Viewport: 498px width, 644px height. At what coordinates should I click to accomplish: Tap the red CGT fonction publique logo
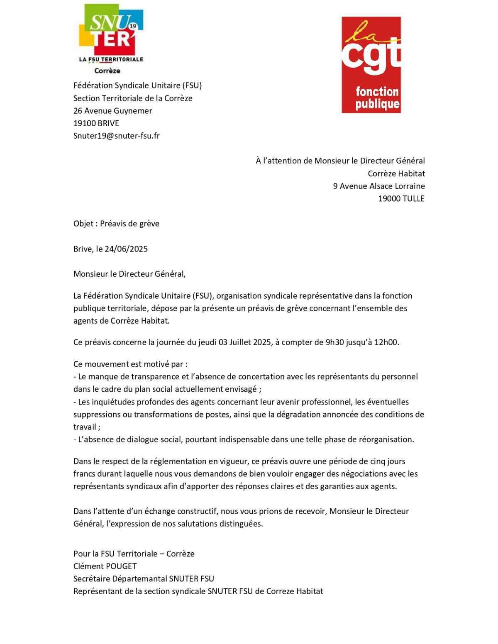pyautogui.click(x=371, y=65)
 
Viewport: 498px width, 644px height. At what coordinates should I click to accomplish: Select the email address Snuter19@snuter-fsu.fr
pyautogui.click(x=116, y=136)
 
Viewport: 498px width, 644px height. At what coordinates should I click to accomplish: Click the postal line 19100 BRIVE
pyautogui.click(x=96, y=123)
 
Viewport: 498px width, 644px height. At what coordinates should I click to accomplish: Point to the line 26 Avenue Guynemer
pyautogui.click(x=112, y=111)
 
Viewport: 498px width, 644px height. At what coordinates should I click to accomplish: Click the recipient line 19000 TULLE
pyautogui.click(x=401, y=199)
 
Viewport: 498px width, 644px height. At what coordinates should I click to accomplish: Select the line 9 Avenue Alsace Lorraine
pyautogui.click(x=378, y=186)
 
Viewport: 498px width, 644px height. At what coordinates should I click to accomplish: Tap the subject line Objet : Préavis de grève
pyautogui.click(x=116, y=224)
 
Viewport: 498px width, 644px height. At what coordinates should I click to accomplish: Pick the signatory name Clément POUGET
pyautogui.click(x=105, y=566)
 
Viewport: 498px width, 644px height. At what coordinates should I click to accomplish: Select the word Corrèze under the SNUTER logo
pyautogui.click(x=107, y=71)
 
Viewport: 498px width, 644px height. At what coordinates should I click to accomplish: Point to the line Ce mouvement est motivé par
pyautogui.click(x=130, y=364)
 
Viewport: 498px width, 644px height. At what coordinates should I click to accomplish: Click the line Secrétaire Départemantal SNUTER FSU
pyautogui.click(x=144, y=579)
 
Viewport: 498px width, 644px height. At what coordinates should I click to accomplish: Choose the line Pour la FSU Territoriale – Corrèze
pyautogui.click(x=134, y=554)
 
